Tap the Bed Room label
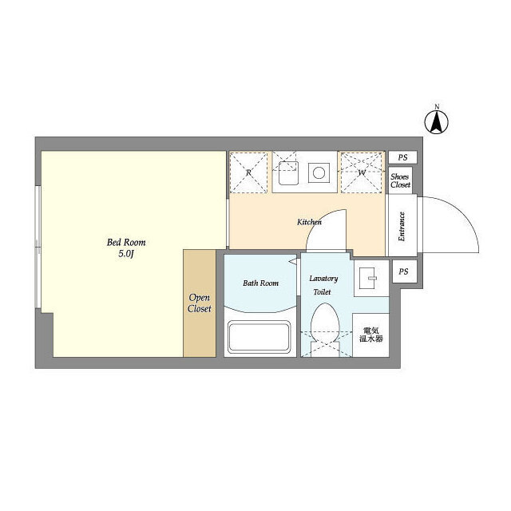coord(126,243)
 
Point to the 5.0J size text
coord(126,254)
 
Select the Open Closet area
coord(200,303)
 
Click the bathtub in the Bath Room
coord(259,337)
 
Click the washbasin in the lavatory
coord(371,278)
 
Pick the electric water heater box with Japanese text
coord(370,335)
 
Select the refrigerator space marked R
coord(248,172)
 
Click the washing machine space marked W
coord(362,172)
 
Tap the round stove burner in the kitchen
coord(319,172)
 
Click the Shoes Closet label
coord(400,180)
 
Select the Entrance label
coord(402,227)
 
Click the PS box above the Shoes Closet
coord(402,157)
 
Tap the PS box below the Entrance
coord(405,271)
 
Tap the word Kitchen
coord(309,222)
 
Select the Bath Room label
coord(261,283)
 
